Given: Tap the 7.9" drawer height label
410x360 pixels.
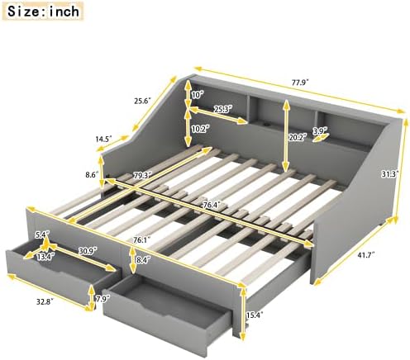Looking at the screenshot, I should coord(103,298).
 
